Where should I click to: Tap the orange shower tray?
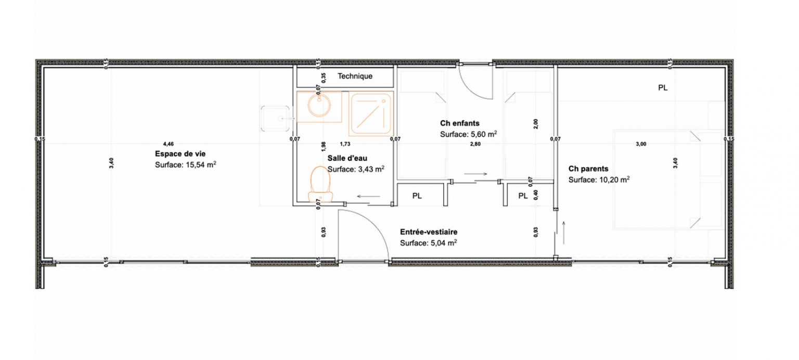coord(371,113)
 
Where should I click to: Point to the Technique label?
coord(355,76)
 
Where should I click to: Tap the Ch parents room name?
coord(588,169)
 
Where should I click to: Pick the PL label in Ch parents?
coord(662,88)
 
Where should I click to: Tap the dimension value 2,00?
coord(536,124)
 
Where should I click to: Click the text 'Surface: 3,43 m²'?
coord(356,169)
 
